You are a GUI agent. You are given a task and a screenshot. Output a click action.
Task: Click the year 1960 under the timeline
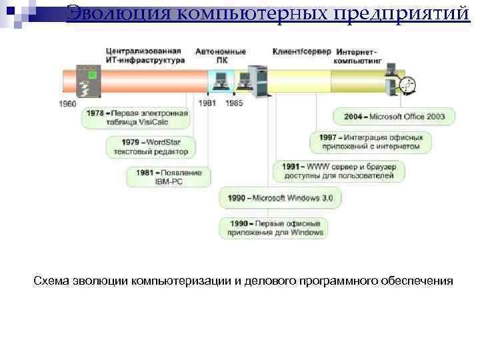pyautogui.click(x=68, y=103)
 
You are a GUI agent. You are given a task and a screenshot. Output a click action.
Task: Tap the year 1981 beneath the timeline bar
pyautogui.click(x=207, y=103)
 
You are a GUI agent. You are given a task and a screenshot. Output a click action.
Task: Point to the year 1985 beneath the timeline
pyautogui.click(x=234, y=103)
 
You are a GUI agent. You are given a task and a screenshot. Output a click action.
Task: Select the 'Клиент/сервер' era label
pyautogui.click(x=301, y=52)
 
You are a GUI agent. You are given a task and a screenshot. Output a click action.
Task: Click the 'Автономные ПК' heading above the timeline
pyautogui.click(x=220, y=56)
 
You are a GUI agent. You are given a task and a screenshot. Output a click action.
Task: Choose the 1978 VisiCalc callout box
pyautogui.click(x=137, y=117)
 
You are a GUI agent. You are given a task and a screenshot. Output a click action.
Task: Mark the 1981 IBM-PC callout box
pyautogui.click(x=169, y=177)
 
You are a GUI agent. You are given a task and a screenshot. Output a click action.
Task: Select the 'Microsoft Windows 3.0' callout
pyautogui.click(x=281, y=198)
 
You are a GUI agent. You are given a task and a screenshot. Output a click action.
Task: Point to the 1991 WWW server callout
pyautogui.click(x=339, y=171)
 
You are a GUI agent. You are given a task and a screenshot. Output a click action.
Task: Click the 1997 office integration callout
pyautogui.click(x=371, y=141)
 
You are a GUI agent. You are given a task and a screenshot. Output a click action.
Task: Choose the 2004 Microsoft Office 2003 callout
pyautogui.click(x=394, y=116)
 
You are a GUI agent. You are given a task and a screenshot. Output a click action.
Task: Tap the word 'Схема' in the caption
pyautogui.click(x=51, y=281)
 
